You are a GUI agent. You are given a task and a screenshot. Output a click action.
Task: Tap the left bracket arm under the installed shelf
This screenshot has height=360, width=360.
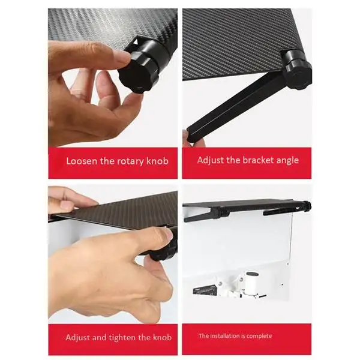click(210, 211)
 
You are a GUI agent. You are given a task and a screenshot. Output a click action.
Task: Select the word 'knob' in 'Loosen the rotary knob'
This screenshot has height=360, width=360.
click(158, 161)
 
